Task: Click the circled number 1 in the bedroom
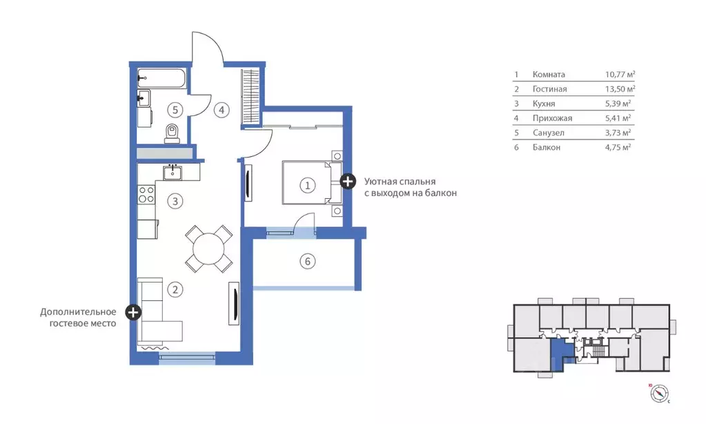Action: (x=308, y=185)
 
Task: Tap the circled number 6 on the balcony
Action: (x=308, y=261)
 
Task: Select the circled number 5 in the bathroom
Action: (x=175, y=110)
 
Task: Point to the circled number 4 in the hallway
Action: (x=222, y=110)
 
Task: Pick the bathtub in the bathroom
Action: (x=161, y=79)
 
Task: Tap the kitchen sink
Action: (x=173, y=172)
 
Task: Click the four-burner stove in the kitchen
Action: (x=146, y=195)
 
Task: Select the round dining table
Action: (x=209, y=249)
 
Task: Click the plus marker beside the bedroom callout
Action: (x=348, y=182)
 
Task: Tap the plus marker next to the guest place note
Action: (x=133, y=312)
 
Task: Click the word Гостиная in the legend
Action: (x=550, y=89)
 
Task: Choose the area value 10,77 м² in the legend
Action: (x=620, y=75)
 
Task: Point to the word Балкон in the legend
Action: (x=547, y=147)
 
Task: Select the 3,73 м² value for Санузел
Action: (x=618, y=133)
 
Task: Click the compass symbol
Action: (x=659, y=394)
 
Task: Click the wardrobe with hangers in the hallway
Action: (x=251, y=97)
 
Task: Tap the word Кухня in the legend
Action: (x=544, y=104)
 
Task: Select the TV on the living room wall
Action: (x=234, y=303)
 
